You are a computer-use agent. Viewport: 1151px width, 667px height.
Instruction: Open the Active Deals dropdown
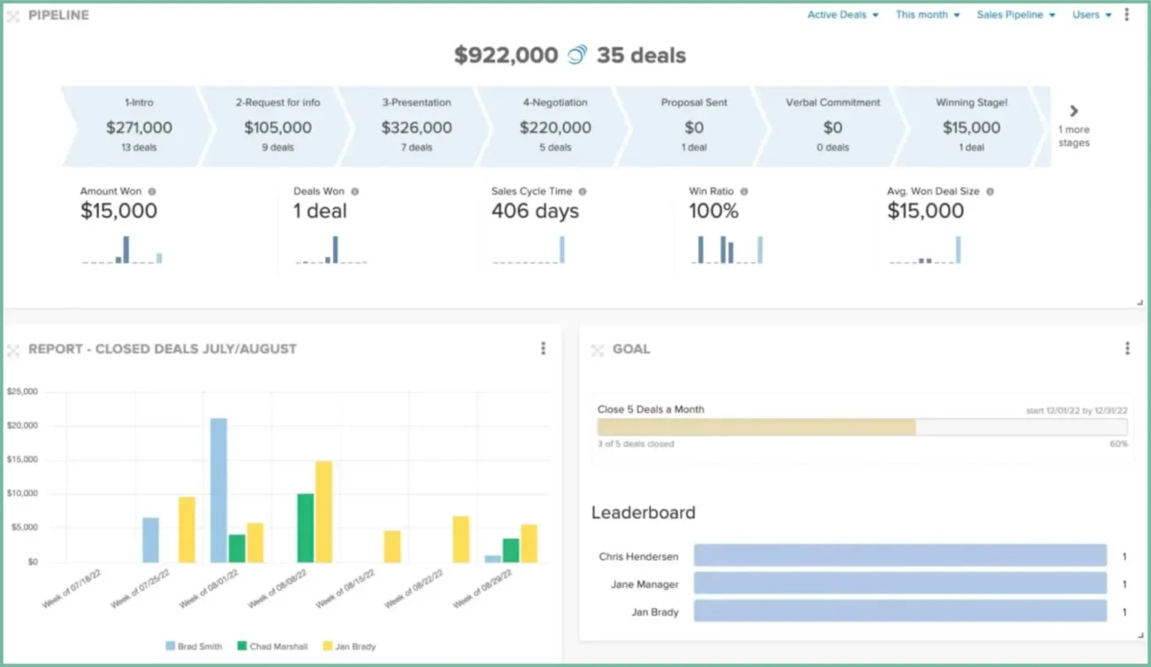(x=842, y=15)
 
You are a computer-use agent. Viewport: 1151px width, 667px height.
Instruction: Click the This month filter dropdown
(x=927, y=15)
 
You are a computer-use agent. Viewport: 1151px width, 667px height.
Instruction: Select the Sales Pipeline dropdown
(x=1016, y=15)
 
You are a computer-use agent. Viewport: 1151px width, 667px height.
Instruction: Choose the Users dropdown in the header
(x=1091, y=15)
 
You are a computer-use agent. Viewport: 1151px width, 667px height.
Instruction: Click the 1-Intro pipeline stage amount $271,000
(x=139, y=128)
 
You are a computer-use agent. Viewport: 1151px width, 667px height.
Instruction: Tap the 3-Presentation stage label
(x=416, y=103)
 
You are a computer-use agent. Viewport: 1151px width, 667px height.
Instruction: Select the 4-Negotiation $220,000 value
(x=555, y=128)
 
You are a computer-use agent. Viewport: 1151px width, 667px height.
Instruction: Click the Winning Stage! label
(x=971, y=103)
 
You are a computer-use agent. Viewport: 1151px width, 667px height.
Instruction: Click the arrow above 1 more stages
(x=1074, y=112)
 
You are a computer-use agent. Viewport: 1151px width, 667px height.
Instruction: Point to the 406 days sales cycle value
(x=535, y=212)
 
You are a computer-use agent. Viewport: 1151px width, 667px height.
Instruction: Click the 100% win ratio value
(x=714, y=212)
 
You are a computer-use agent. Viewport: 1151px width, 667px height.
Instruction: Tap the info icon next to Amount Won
(x=152, y=191)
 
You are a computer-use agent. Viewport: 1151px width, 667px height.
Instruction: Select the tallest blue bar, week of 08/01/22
(x=219, y=490)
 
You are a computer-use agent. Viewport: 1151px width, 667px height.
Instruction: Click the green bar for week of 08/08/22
(x=305, y=528)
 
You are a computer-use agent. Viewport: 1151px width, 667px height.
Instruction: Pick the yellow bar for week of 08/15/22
(x=392, y=547)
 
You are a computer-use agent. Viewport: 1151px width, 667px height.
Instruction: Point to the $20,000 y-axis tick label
(x=22, y=425)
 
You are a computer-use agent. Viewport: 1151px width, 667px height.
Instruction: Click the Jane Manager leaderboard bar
(x=900, y=584)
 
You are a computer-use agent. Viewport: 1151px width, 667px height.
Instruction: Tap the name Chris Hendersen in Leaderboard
(x=638, y=557)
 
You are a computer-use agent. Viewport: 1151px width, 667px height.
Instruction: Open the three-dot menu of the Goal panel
(x=1127, y=349)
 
